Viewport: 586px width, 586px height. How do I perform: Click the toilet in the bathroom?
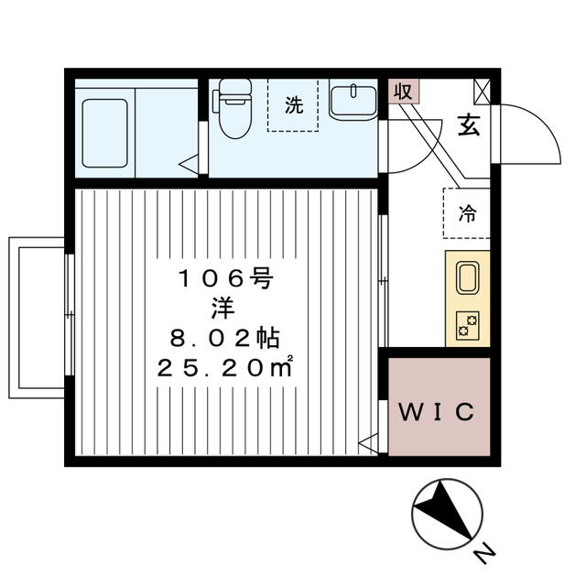pyautogui.click(x=232, y=110)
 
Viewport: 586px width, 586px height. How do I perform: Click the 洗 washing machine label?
pyautogui.click(x=293, y=105)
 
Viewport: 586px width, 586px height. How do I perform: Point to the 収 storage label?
pyautogui.click(x=402, y=91)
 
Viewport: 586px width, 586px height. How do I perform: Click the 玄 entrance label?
pyautogui.click(x=468, y=126)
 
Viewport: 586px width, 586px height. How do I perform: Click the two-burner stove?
pyautogui.click(x=468, y=325)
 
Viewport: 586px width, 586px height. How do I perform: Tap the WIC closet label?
pyautogui.click(x=437, y=411)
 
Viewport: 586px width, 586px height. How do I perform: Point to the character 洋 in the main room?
pyautogui.click(x=224, y=309)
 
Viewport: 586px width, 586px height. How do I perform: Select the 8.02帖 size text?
pyautogui.click(x=224, y=338)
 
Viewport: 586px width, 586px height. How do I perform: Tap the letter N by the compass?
pyautogui.click(x=484, y=553)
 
